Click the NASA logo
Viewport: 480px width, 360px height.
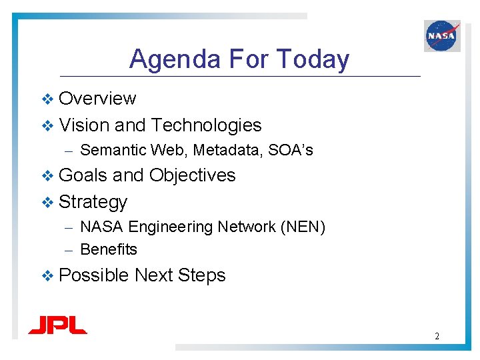pos(442,35)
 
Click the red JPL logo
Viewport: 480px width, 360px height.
pos(57,325)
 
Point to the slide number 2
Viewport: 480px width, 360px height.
pos(437,336)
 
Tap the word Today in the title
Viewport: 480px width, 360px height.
pos(312,59)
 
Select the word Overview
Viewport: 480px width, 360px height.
pos(97,99)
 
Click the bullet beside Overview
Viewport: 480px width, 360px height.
pos(47,99)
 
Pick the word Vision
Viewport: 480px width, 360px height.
pos(84,125)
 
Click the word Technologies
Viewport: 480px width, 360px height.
pos(206,125)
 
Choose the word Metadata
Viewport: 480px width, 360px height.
pos(228,151)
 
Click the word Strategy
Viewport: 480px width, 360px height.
pos(93,202)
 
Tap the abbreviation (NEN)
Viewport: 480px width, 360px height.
pos(303,227)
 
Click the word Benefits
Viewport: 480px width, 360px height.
pos(109,249)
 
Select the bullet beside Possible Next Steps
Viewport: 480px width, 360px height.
pos(47,276)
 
